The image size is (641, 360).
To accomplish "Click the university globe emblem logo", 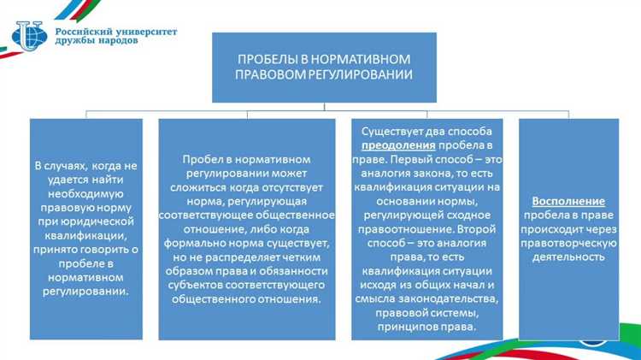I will pyautogui.click(x=31, y=35).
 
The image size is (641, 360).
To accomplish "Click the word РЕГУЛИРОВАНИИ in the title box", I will pyautogui.click(x=366, y=74).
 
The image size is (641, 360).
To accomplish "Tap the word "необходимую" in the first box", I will pyautogui.click(x=85, y=194).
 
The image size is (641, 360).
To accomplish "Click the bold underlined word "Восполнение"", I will pyautogui.click(x=568, y=201).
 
